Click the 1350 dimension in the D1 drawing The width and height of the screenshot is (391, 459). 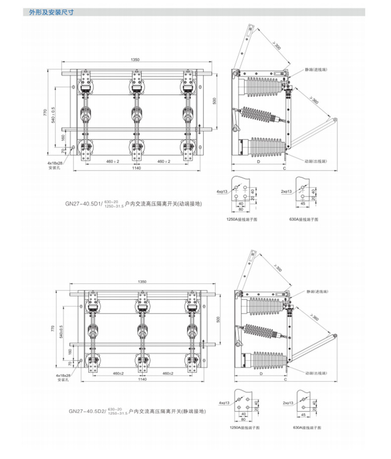click(135, 59)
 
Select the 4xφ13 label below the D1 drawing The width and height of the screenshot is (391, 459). click(222, 191)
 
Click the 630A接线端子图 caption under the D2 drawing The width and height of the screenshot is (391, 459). click(304, 427)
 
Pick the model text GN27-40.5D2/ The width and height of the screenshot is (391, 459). click(87, 411)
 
